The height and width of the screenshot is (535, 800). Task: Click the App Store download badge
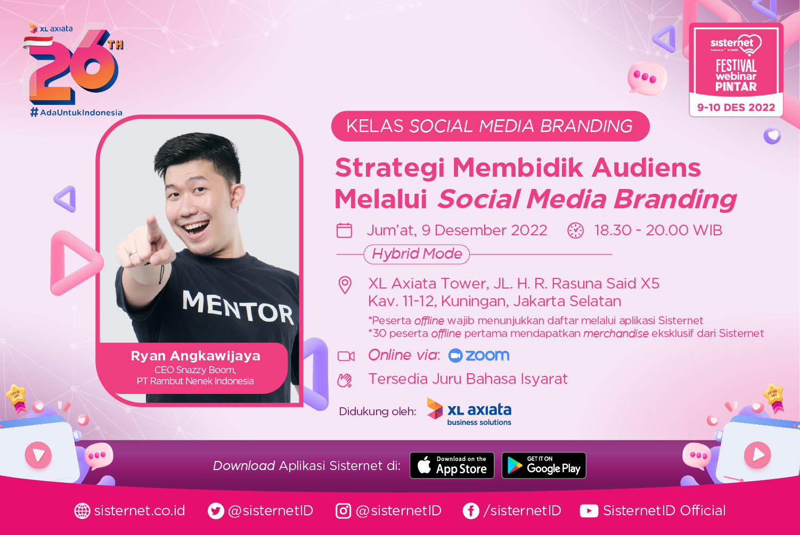(452, 465)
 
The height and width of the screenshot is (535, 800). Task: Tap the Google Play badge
(544, 465)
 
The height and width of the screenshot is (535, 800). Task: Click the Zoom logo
(479, 356)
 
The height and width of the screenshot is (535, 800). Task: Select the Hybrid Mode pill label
(417, 254)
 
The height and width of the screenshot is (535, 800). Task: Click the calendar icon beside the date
(344, 230)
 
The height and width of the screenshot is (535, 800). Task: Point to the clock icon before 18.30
(575, 230)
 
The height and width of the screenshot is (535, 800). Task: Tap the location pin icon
(345, 285)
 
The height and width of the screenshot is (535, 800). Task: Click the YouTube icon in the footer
(589, 511)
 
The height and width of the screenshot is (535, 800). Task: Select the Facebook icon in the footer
(471, 511)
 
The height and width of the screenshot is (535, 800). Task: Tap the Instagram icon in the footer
(343, 511)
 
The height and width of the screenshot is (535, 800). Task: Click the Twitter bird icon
(216, 511)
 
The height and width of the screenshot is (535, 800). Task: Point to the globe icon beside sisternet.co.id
(82, 511)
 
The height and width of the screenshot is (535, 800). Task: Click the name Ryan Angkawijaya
(195, 356)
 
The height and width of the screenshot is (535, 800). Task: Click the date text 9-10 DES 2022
(736, 108)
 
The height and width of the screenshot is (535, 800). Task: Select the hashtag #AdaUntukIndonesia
(76, 112)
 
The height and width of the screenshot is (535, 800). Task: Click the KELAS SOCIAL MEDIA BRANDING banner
(490, 126)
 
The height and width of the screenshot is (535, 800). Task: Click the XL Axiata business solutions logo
(469, 412)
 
